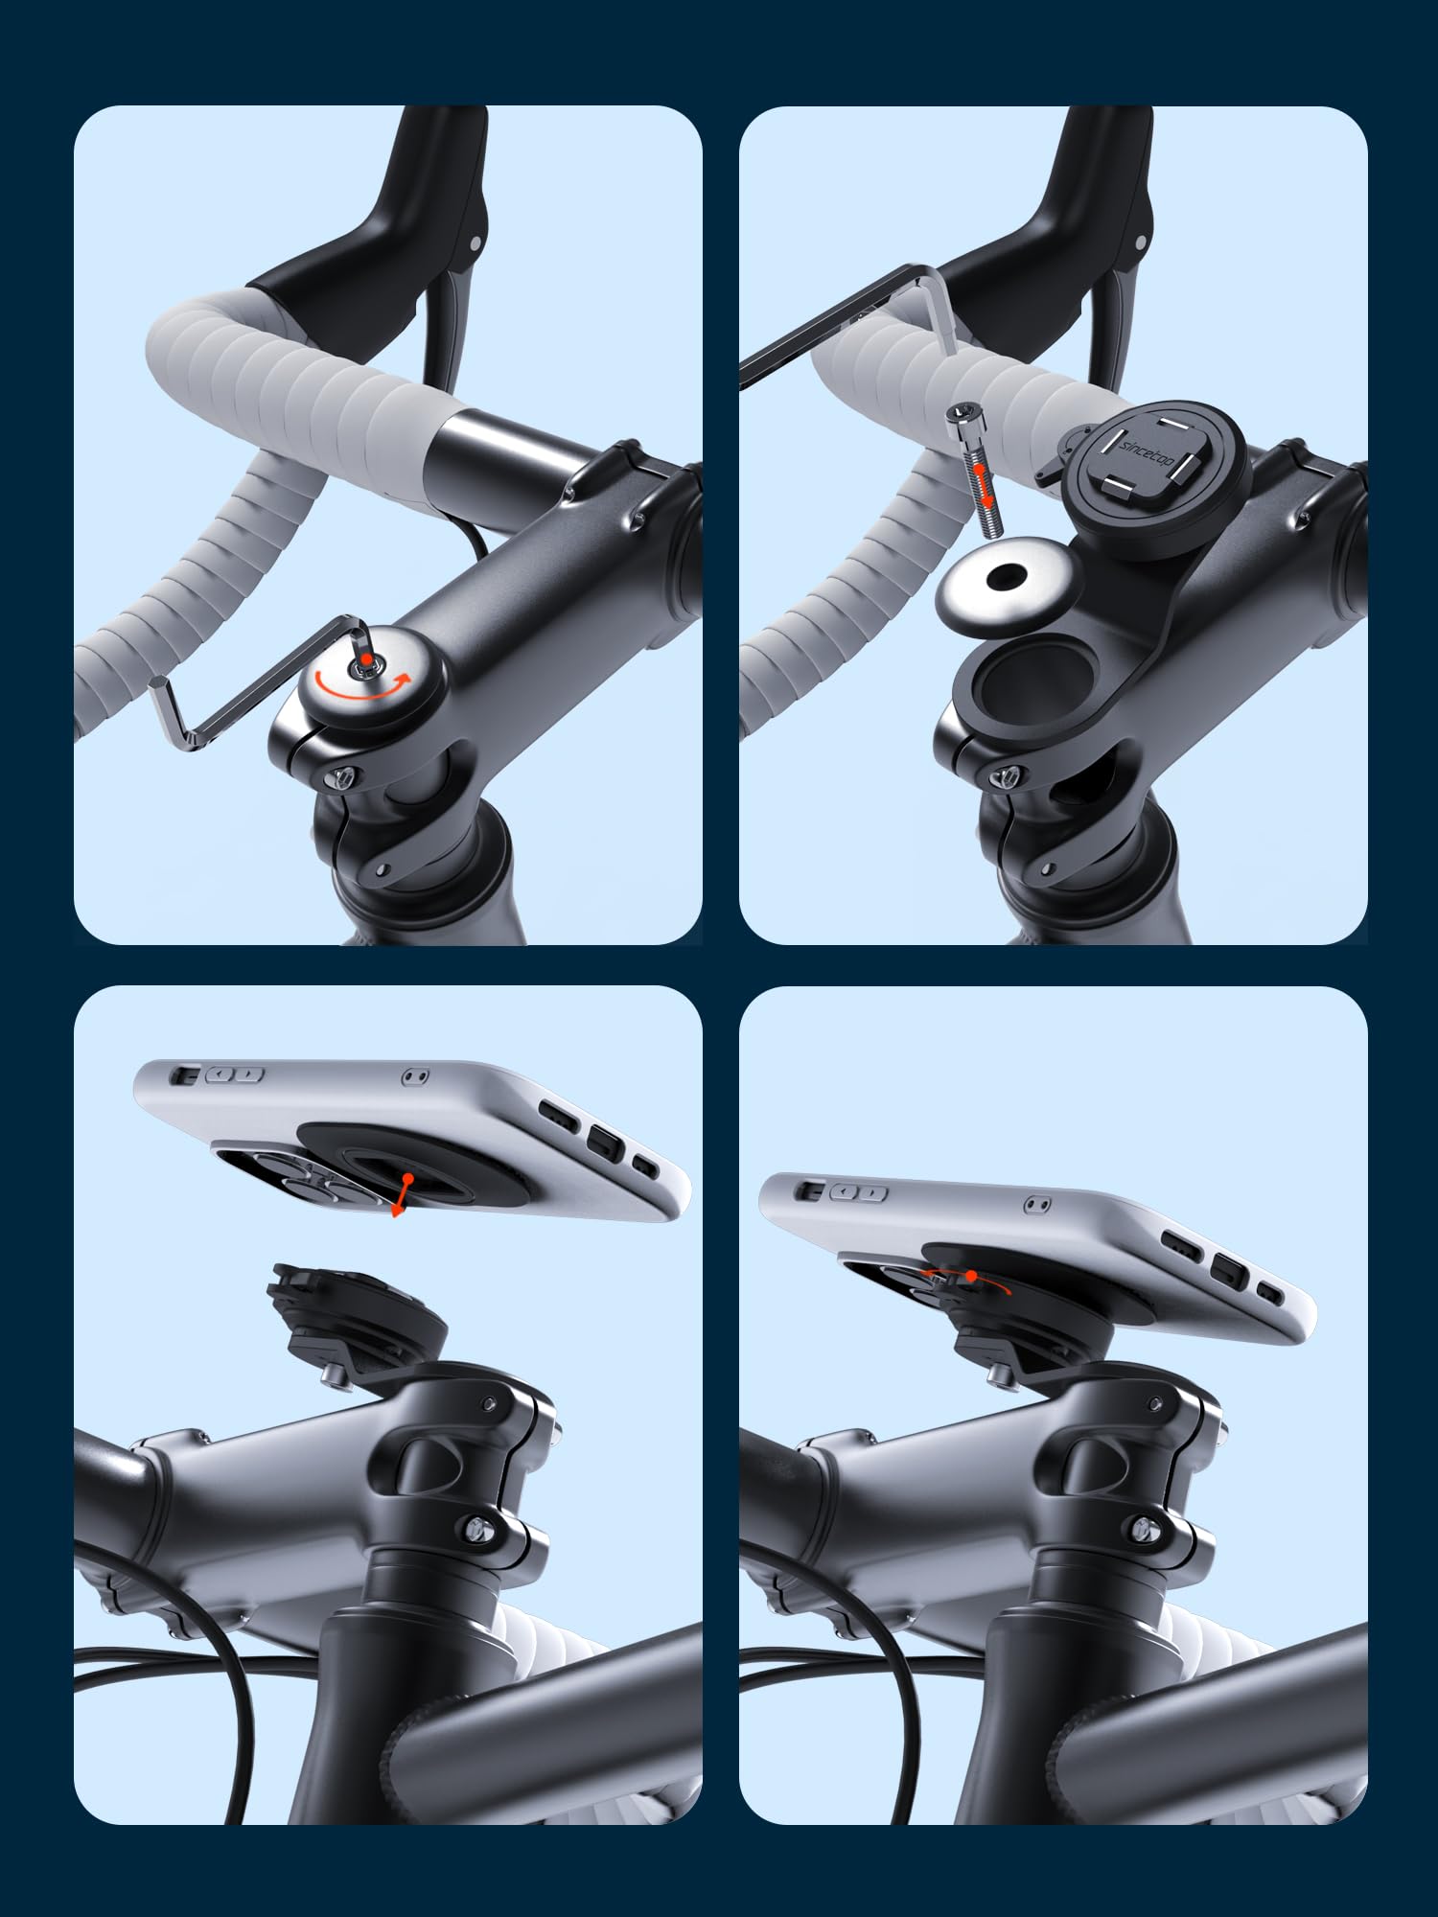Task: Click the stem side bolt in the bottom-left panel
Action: tap(476, 1523)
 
